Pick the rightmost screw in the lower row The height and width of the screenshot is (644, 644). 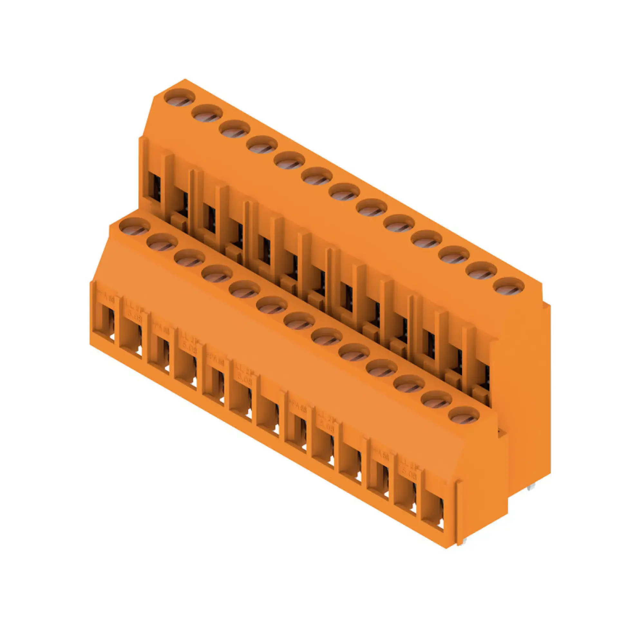point(464,415)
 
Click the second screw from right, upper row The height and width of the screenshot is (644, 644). point(481,271)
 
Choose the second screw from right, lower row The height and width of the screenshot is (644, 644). point(436,400)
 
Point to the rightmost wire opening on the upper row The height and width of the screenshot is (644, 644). point(482,380)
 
